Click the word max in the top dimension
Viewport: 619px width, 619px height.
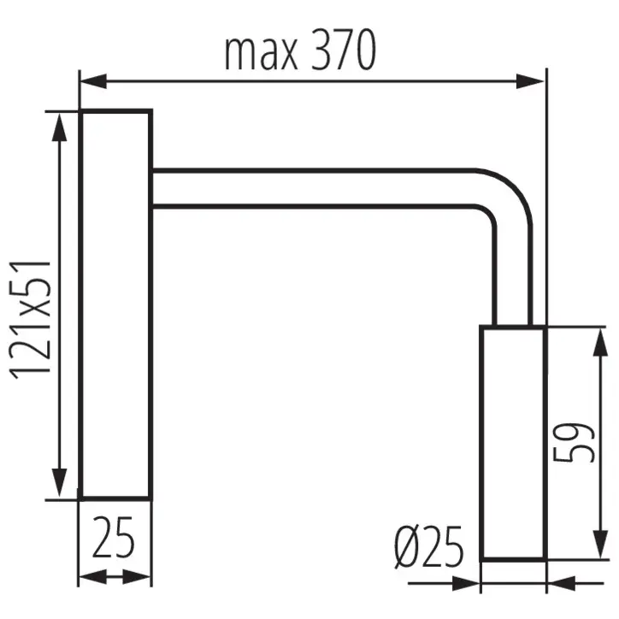point(261,54)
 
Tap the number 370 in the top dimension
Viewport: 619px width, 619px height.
point(343,50)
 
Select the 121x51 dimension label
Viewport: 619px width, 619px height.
point(31,320)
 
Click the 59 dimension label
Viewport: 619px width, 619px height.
point(574,442)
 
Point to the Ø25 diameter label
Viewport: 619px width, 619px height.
point(428,547)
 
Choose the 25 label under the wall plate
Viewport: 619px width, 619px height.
point(114,537)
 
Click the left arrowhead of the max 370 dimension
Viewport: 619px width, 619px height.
point(93,81)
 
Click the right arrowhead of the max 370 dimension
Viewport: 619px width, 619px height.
point(530,81)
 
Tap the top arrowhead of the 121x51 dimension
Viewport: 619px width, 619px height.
point(59,127)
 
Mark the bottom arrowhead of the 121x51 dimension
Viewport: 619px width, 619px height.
point(59,483)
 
